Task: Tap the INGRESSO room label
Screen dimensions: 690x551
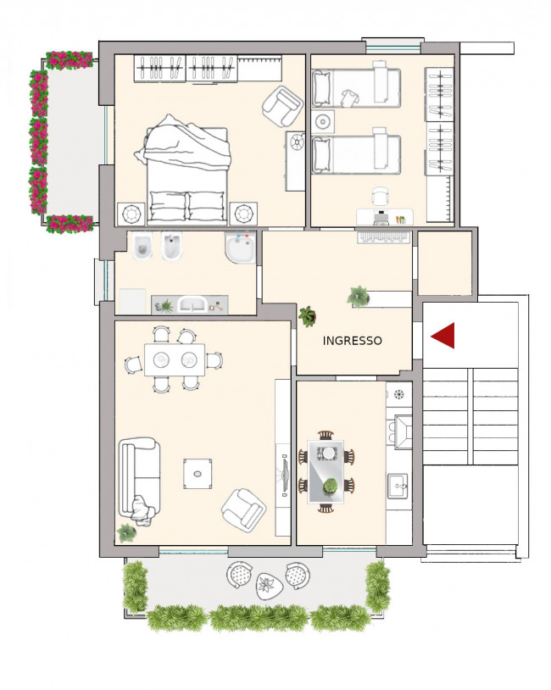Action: [352, 341]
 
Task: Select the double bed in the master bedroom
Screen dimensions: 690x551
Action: [187, 170]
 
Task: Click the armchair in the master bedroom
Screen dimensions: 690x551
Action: [282, 107]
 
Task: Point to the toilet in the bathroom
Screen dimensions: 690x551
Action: [142, 248]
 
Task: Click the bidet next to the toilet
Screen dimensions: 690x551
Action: [173, 248]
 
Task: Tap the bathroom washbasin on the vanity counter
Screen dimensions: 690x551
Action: [192, 303]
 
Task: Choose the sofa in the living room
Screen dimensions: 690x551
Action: [137, 478]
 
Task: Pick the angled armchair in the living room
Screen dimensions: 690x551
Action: [243, 509]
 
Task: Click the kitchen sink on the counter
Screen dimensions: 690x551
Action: [398, 487]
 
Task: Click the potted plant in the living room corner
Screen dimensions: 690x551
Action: [126, 532]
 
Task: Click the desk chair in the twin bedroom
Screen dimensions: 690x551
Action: [380, 197]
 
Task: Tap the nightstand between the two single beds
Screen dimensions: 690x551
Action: [322, 122]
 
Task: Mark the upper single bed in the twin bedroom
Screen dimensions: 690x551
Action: [355, 87]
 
